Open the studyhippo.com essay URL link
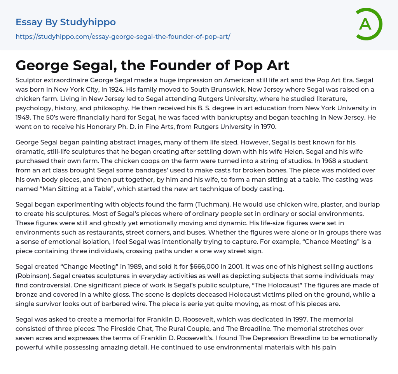[x=123, y=37]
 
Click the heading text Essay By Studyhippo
[x=66, y=22]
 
